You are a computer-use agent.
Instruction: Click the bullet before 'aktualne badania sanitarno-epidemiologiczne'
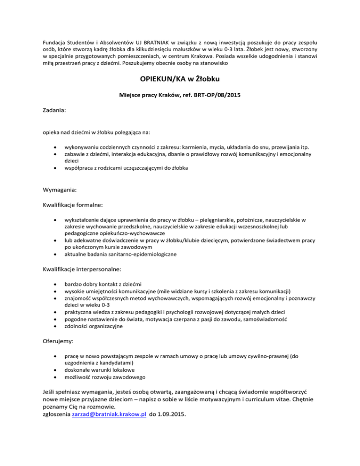point(55,255)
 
